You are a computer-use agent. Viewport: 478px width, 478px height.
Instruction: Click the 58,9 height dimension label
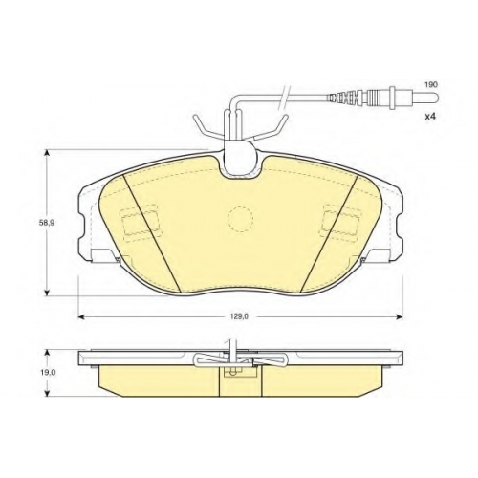47,223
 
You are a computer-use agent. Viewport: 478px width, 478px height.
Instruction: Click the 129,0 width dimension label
241,316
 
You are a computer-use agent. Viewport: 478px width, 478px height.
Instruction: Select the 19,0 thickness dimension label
46,373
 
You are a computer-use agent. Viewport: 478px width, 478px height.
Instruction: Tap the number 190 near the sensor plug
431,85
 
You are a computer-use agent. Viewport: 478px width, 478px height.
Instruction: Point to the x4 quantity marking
430,117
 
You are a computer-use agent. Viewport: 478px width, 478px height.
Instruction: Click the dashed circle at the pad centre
240,219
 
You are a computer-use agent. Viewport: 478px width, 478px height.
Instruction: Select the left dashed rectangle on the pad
141,224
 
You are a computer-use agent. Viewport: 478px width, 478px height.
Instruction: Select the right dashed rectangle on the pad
342,224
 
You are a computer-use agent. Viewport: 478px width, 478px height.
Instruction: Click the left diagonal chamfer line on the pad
152,233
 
